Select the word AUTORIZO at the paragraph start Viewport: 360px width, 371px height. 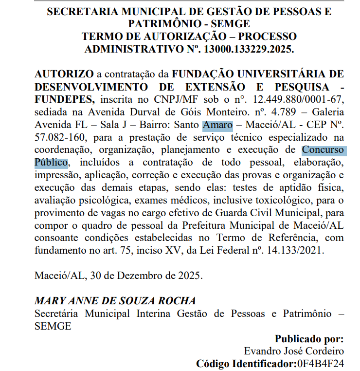click(64, 74)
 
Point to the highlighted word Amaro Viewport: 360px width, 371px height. click(217, 125)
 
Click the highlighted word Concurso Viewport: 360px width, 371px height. click(323, 150)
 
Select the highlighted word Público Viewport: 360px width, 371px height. click(51, 162)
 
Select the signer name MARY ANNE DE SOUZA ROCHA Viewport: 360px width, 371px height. click(115, 301)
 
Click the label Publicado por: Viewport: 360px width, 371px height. click(309, 339)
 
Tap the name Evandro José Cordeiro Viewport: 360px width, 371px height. click(294, 351)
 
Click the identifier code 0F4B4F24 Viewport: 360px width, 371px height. click(320, 364)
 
